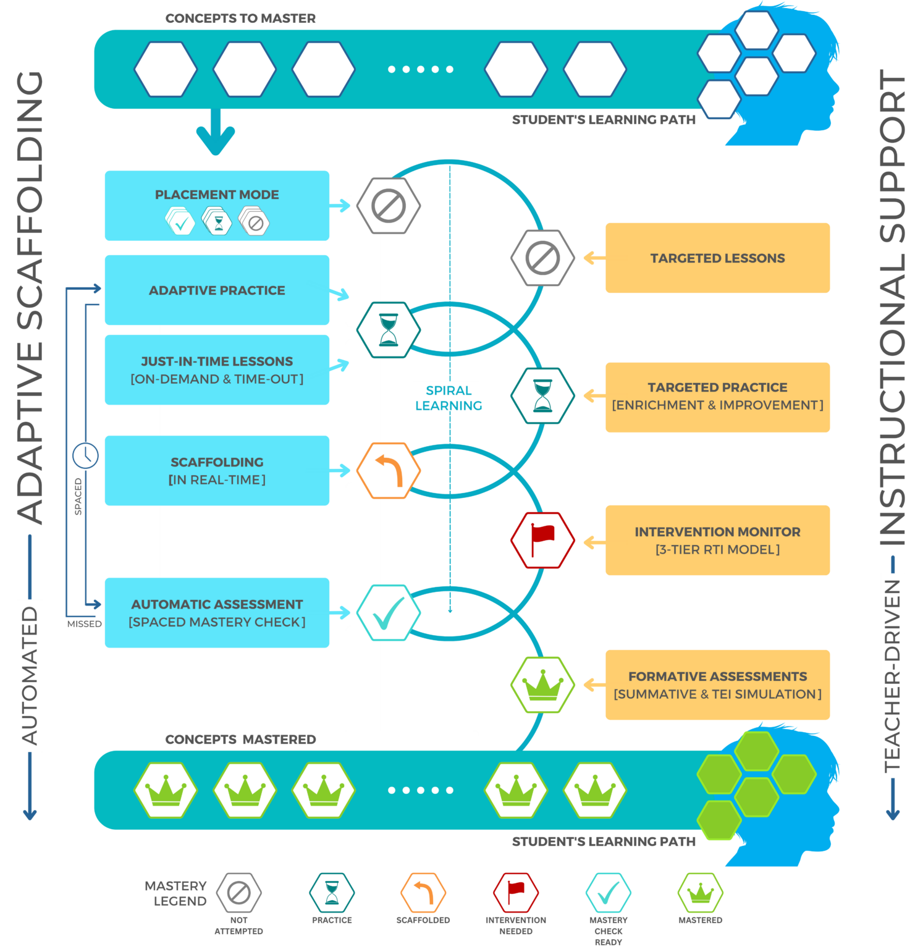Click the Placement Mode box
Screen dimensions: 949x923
tap(217, 205)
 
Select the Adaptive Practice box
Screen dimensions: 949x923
tap(217, 290)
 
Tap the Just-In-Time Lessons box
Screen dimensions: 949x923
tap(217, 369)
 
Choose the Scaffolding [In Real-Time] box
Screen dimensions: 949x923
tap(217, 470)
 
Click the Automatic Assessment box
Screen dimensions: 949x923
tap(217, 612)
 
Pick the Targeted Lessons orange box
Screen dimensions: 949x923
tap(717, 258)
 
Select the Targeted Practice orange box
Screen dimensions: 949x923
tap(717, 396)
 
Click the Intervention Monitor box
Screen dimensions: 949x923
tap(717, 540)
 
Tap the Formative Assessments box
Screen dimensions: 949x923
tap(717, 685)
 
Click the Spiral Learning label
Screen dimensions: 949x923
tap(448, 397)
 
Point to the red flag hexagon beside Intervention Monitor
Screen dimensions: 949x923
tap(542, 540)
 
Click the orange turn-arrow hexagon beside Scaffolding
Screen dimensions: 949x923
tap(389, 470)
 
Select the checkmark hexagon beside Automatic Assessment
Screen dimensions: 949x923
tap(389, 612)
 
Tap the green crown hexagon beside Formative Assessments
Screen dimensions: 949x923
tap(542, 685)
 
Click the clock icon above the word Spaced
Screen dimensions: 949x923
tap(85, 455)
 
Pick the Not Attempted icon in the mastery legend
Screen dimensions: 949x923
tap(239, 892)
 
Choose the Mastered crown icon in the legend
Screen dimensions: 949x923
tap(700, 892)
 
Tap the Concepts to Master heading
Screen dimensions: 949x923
tap(240, 19)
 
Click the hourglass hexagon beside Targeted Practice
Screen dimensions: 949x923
tap(542, 396)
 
